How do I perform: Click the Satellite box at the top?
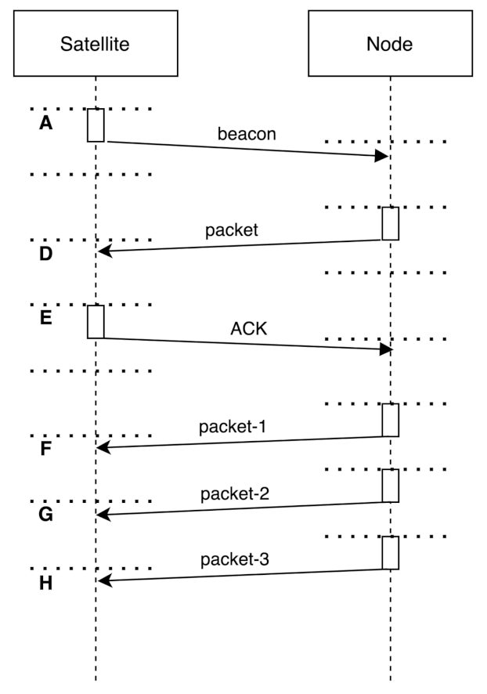click(95, 44)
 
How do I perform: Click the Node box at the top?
click(389, 44)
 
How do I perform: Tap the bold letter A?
click(45, 124)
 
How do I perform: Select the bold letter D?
click(45, 255)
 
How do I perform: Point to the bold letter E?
click(45, 320)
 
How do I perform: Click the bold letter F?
click(45, 451)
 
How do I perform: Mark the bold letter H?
click(45, 584)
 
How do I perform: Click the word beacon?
click(247, 133)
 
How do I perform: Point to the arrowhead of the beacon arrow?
click(383, 156)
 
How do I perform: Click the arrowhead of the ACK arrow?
click(384, 349)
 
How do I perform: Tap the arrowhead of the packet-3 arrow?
click(103, 581)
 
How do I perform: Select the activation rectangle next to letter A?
click(96, 125)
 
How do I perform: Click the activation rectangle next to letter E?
click(96, 322)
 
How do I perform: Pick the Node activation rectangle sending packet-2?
click(390, 486)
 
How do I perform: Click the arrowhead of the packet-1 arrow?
click(103, 448)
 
